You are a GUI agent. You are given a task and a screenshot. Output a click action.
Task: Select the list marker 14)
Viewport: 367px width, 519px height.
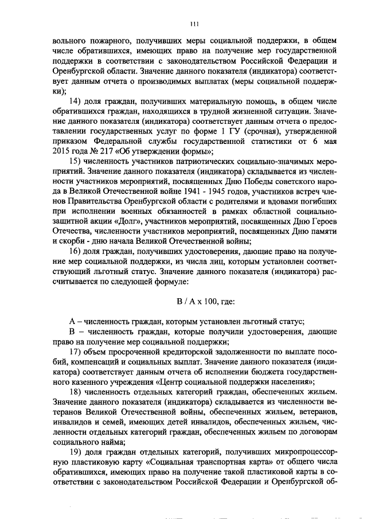pos(76,102)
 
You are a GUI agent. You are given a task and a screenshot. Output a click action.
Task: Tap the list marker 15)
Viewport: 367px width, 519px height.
pos(76,161)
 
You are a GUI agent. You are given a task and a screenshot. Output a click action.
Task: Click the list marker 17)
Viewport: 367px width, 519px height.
pos(76,350)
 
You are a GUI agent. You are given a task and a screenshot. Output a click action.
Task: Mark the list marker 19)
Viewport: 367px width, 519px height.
pos(76,451)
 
